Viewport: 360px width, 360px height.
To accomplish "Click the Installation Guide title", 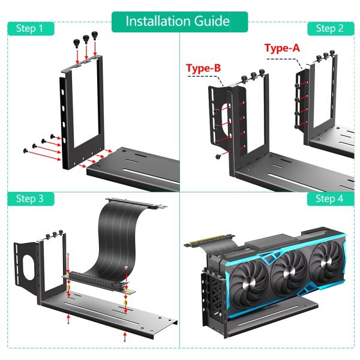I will pyautogui.click(x=178, y=21).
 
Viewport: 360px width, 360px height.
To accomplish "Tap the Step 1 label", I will pyautogui.click(x=29, y=28).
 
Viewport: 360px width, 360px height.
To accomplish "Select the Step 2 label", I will pyautogui.click(x=329, y=28).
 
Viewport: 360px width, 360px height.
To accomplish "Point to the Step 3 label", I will pyautogui.click(x=29, y=199).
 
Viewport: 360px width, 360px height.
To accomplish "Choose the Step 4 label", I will pyautogui.click(x=329, y=199).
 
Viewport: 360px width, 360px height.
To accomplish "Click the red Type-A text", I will pyautogui.click(x=282, y=48).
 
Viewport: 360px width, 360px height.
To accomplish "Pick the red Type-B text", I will pyautogui.click(x=204, y=68).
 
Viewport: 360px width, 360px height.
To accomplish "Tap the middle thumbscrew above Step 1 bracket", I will pyautogui.click(x=86, y=39).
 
